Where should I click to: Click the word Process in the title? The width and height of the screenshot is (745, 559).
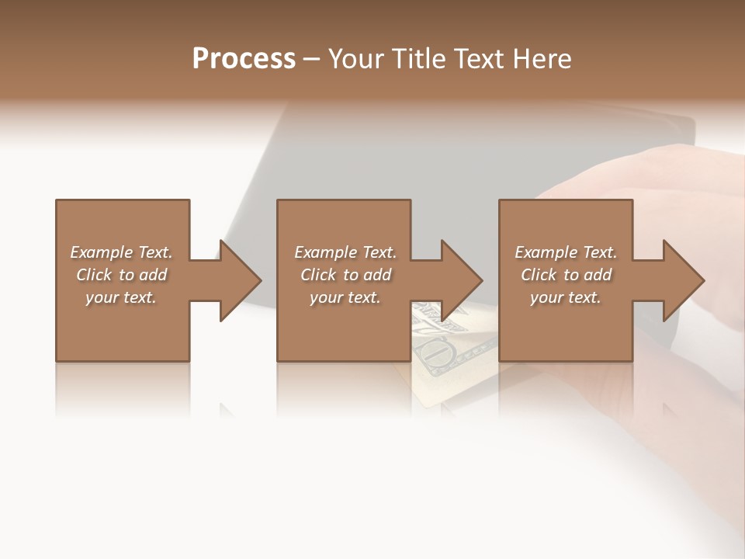(244, 59)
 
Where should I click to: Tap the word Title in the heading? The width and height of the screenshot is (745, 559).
(418, 59)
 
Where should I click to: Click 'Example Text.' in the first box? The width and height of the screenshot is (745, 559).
(121, 252)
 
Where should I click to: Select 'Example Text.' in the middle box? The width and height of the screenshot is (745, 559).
(345, 252)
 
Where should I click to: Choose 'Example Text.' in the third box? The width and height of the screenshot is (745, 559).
(566, 252)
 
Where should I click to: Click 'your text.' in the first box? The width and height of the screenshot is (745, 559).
(121, 297)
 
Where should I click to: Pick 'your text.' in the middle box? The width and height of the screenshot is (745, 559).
(345, 297)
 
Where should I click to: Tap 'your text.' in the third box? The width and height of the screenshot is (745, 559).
(566, 297)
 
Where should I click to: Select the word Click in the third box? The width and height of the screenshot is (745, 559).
(539, 275)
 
